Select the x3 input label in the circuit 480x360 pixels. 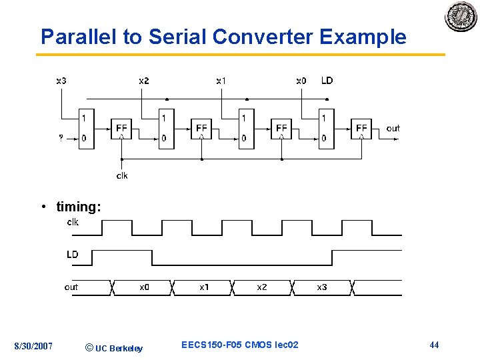61,81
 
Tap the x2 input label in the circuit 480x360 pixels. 144,81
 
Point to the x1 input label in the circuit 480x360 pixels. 221,81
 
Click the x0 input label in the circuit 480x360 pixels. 301,81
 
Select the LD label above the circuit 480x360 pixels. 327,81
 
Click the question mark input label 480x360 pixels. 61,139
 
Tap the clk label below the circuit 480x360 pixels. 122,175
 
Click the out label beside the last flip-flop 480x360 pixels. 393,128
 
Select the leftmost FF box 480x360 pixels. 121,128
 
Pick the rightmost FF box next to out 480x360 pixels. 361,128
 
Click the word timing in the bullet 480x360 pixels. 79,207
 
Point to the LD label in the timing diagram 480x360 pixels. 72,254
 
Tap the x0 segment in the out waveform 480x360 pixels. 144,287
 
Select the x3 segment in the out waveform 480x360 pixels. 321,287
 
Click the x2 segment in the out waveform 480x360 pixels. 262,287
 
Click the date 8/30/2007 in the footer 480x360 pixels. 34,345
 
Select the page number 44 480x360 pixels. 434,345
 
